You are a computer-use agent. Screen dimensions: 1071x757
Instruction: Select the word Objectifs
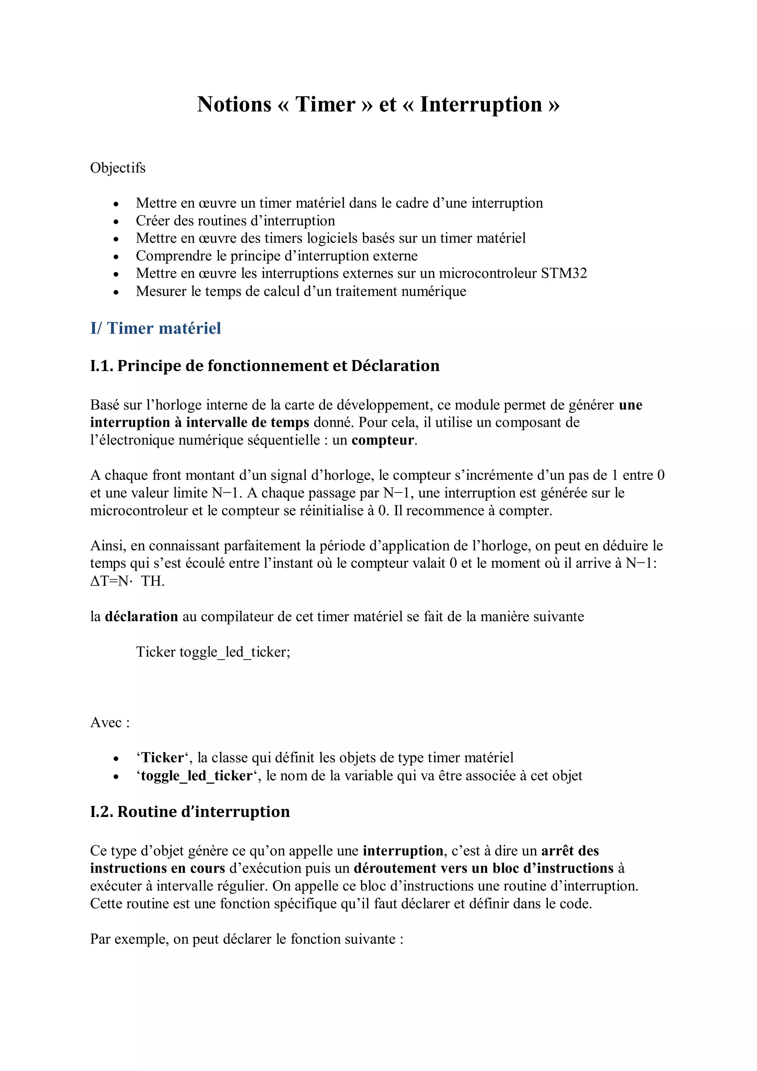118,168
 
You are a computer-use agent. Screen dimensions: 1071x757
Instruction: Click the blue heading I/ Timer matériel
155,328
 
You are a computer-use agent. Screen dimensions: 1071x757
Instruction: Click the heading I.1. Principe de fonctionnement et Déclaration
264,366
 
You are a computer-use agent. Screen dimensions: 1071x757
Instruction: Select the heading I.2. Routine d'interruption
190,811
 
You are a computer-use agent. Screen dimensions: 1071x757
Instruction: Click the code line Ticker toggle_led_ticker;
213,652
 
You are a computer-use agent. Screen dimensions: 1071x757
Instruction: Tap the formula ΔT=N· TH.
127,581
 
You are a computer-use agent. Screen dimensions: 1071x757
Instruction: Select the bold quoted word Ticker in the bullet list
163,758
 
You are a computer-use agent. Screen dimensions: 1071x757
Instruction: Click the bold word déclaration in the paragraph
141,617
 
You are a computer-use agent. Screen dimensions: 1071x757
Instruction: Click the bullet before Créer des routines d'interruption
116,221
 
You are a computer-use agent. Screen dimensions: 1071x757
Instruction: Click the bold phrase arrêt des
570,851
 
